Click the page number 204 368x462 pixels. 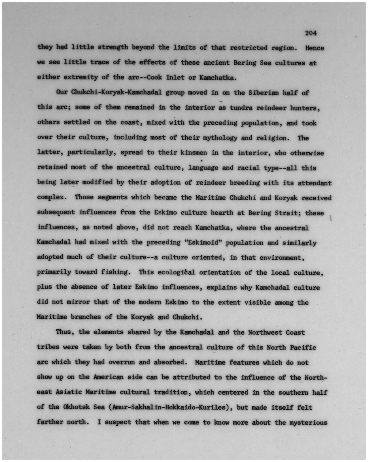tap(311, 33)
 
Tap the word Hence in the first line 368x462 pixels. tap(314, 48)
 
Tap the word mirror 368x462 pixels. tap(78, 302)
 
